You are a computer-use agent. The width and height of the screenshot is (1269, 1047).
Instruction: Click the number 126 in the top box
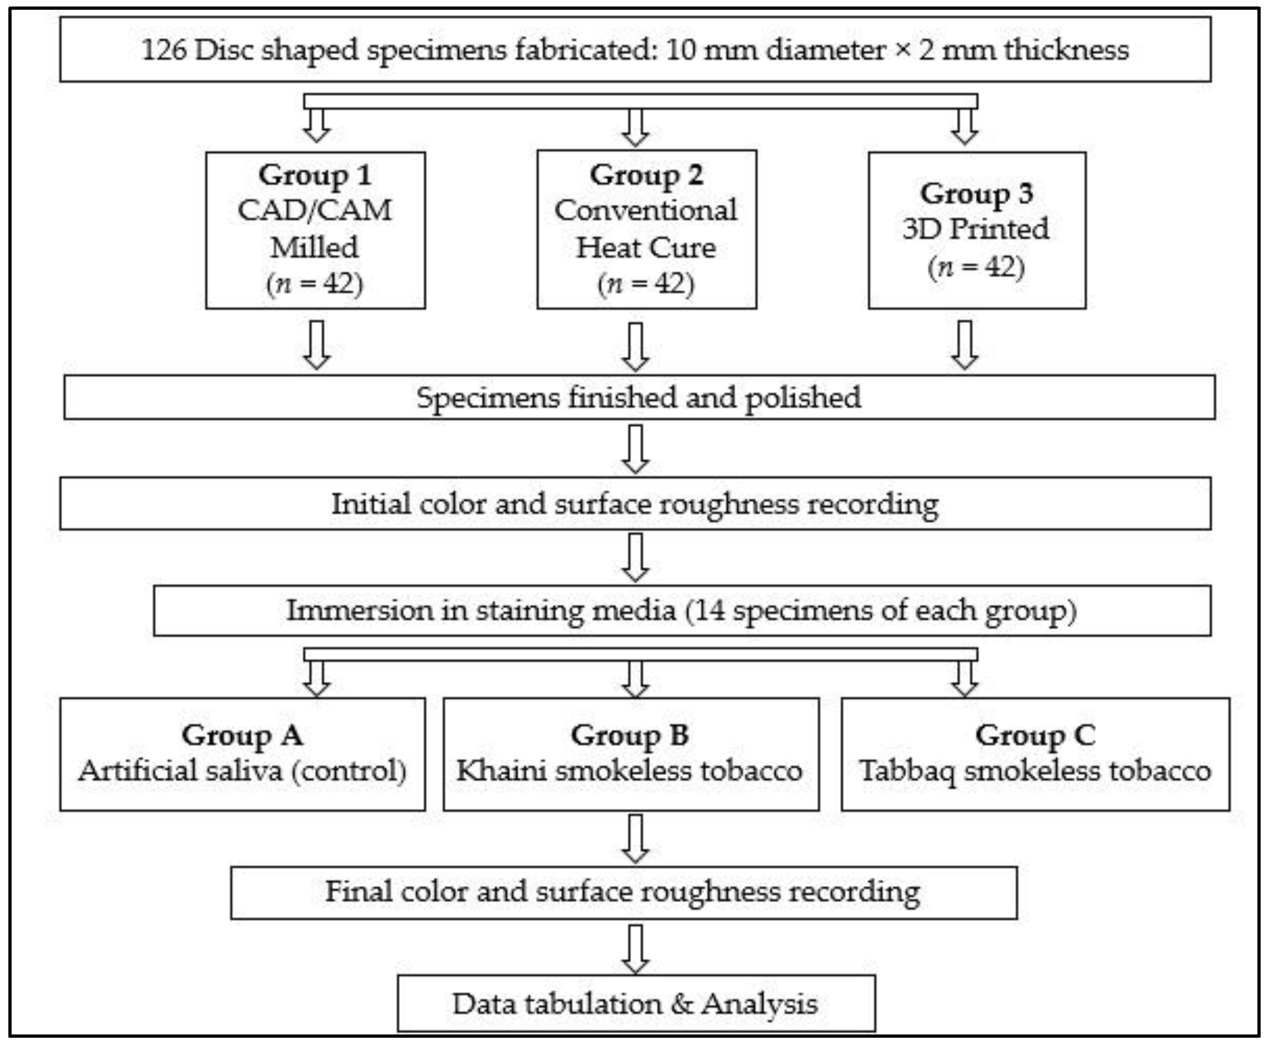click(x=163, y=50)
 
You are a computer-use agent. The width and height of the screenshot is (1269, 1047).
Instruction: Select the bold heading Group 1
click(x=314, y=175)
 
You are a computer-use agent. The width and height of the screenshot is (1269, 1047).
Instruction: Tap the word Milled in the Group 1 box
click(x=314, y=247)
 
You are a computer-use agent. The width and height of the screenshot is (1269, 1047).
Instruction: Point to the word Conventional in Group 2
click(x=646, y=211)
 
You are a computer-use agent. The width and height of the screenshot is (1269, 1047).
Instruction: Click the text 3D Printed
click(x=975, y=229)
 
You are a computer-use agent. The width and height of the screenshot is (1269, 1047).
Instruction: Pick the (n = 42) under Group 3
click(x=975, y=266)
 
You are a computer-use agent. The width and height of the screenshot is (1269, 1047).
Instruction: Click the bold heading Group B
click(x=630, y=735)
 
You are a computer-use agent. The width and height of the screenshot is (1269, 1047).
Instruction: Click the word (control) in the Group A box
click(x=349, y=771)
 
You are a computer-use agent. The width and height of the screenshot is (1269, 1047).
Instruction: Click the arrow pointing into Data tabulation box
click(x=635, y=949)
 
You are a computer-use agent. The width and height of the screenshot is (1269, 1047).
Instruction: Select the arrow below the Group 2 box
click(x=635, y=346)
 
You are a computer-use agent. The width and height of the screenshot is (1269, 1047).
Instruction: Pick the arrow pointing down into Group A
click(x=316, y=678)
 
